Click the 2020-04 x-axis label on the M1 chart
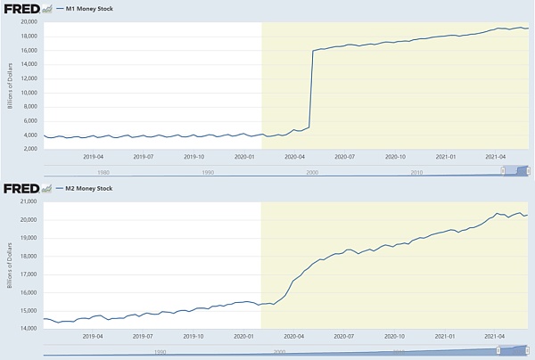coord(294,156)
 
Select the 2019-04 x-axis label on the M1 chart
coord(94,156)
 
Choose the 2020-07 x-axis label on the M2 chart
coord(344,336)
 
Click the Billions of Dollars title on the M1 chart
coord(9,86)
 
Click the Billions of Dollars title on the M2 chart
coord(9,266)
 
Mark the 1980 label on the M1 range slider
coord(104,172)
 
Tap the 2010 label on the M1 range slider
coord(416,172)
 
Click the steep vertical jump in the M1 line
coord(310,89)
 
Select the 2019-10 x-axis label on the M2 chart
coord(193,336)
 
